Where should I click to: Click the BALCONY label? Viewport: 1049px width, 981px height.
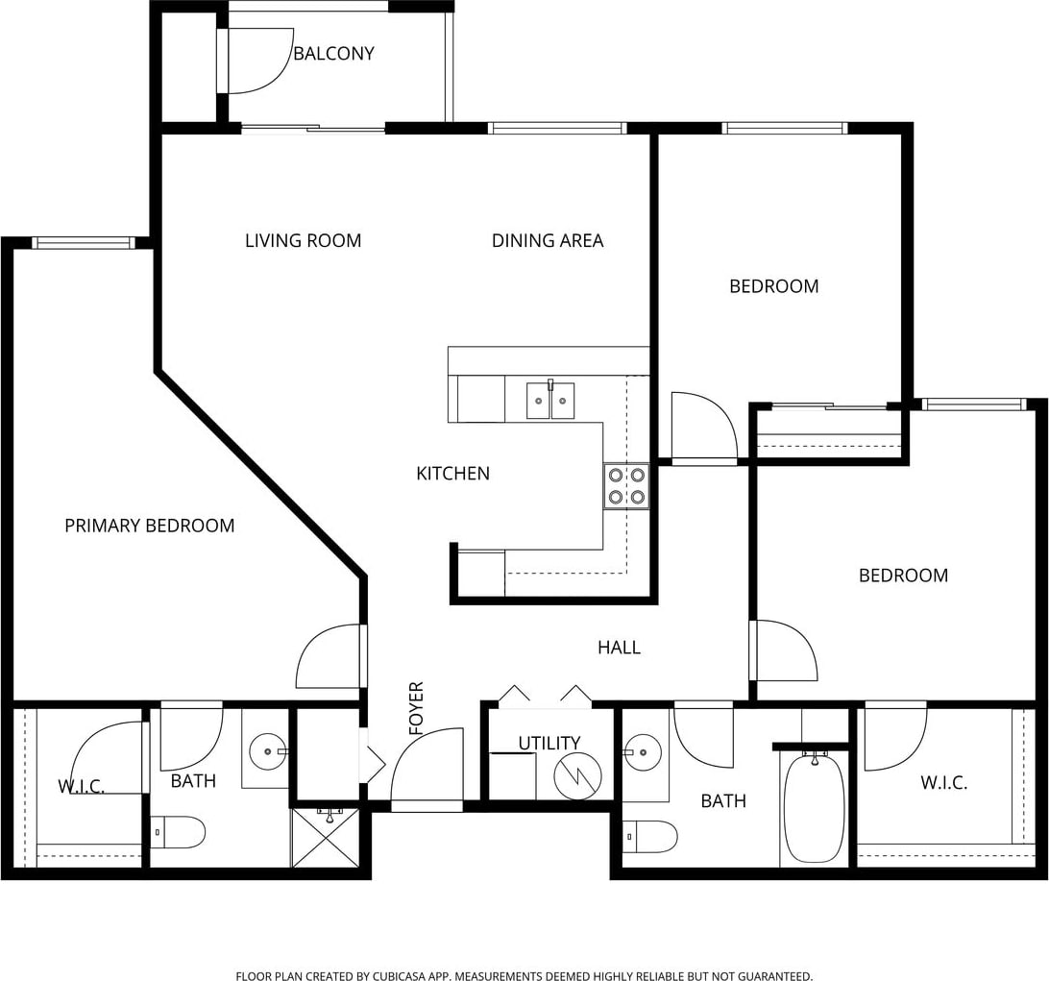333,54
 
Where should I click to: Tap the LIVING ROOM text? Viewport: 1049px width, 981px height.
303,241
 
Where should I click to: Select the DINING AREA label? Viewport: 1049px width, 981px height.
548,241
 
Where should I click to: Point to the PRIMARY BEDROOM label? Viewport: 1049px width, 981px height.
149,526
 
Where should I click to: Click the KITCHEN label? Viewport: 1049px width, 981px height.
452,474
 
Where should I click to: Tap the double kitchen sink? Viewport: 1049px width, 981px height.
549,400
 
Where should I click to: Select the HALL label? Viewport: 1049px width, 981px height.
619,647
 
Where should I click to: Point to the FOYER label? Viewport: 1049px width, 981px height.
417,708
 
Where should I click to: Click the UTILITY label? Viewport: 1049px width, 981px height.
549,743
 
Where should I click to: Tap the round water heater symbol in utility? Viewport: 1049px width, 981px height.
578,776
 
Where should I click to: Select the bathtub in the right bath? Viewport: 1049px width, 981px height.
814,808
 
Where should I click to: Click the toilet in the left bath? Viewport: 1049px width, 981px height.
178,832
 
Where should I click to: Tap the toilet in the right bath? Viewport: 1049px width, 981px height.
650,837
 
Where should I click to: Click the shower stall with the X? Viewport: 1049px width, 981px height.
326,838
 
